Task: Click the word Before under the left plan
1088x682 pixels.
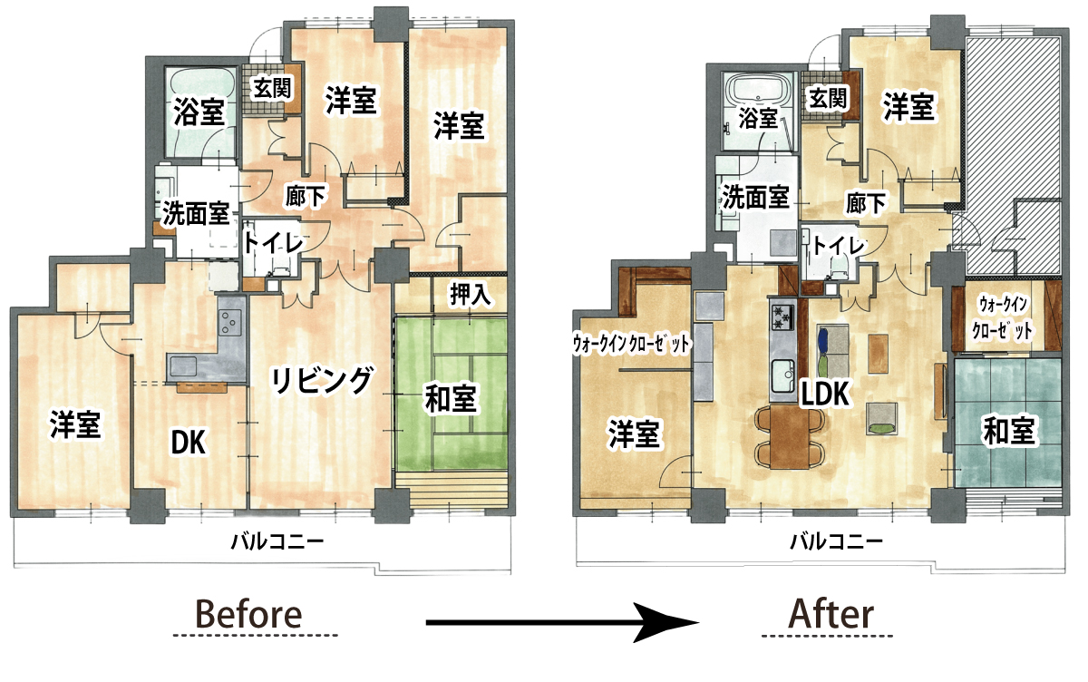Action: [x=248, y=615]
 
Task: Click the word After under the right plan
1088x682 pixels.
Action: [x=832, y=615]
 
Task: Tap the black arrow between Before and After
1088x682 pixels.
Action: [x=562, y=622]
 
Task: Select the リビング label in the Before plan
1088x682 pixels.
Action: [x=322, y=380]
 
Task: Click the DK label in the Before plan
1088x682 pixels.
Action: [x=189, y=441]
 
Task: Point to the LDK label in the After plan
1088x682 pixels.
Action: [x=825, y=394]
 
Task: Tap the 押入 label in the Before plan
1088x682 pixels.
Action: [x=471, y=294]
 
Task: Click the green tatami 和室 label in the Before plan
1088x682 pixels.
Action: [x=450, y=398]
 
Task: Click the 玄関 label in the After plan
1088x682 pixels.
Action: [x=828, y=99]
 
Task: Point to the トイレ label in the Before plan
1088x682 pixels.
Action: [x=273, y=243]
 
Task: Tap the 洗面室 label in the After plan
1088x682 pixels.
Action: [x=755, y=196]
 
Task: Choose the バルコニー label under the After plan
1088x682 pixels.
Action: [x=836, y=541]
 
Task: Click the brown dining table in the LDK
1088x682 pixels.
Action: [x=790, y=437]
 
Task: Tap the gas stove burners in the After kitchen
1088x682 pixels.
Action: [x=782, y=316]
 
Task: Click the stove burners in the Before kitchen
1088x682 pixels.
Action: [x=231, y=322]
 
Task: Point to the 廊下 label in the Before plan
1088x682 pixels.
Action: [x=306, y=196]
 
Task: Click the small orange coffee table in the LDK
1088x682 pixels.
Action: [x=878, y=353]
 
